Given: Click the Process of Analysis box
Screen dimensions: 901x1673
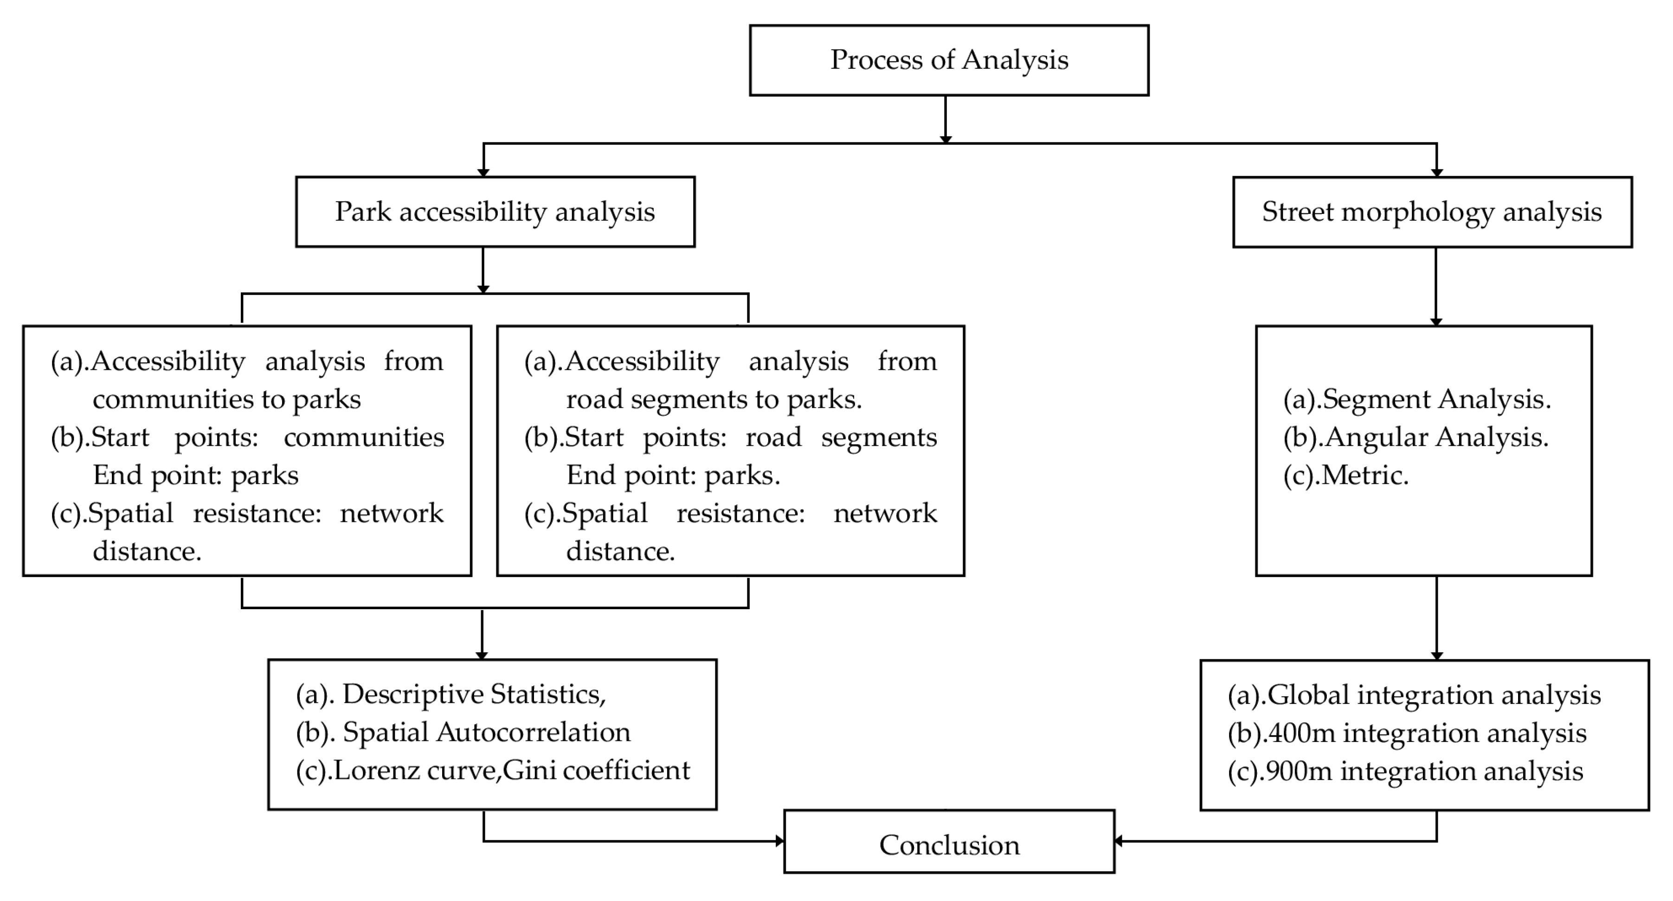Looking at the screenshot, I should click(x=949, y=60).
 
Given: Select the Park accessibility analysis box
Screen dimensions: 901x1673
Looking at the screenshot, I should click(x=495, y=212).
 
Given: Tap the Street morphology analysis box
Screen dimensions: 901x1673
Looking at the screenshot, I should click(x=1432, y=212).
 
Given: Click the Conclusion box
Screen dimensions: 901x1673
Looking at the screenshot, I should click(x=949, y=844).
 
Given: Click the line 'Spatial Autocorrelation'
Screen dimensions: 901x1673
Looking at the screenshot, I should click(x=486, y=732).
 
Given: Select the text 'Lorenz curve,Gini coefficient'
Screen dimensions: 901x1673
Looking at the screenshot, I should click(x=511, y=771).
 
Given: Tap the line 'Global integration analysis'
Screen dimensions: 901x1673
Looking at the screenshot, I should click(x=1433, y=695).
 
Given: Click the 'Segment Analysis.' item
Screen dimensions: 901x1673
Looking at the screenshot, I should click(x=1436, y=399).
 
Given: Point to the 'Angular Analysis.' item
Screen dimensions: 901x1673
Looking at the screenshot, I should click(x=1436, y=437).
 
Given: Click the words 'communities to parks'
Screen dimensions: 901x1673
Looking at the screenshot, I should click(x=227, y=399).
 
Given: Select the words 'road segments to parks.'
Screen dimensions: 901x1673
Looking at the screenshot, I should click(x=714, y=399).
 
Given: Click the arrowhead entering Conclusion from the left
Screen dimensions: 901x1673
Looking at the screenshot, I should click(x=779, y=841).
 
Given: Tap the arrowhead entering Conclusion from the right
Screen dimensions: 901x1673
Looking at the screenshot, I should click(x=1119, y=841).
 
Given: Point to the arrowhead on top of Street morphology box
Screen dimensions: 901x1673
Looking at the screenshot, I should click(x=1436, y=172).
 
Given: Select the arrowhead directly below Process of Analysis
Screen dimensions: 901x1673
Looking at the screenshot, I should click(x=946, y=139).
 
